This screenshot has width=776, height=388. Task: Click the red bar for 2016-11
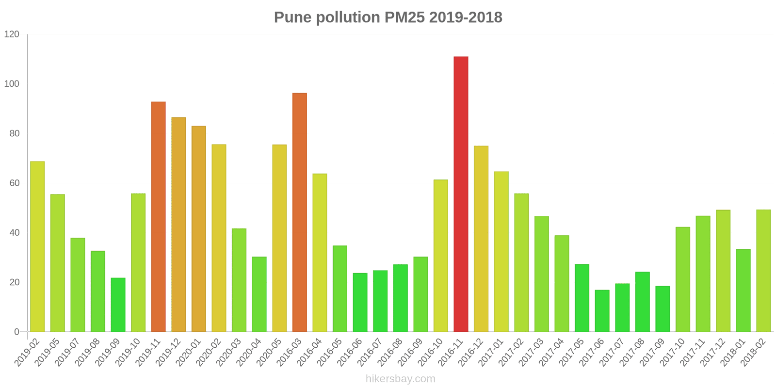pyautogui.click(x=461, y=194)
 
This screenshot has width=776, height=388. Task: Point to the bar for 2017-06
pyautogui.click(x=602, y=311)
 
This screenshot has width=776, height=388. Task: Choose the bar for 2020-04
pyautogui.click(x=259, y=294)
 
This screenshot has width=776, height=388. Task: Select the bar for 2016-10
pyautogui.click(x=440, y=256)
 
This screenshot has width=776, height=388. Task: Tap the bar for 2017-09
pyautogui.click(x=662, y=309)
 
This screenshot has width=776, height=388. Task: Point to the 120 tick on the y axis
pyautogui.click(x=12, y=34)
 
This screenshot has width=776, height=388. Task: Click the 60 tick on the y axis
pyautogui.click(x=14, y=183)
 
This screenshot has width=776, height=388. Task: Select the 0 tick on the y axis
pyautogui.click(x=17, y=332)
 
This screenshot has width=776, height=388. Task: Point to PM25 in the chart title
pyautogui.click(x=404, y=17)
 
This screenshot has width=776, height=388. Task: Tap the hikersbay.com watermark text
pyautogui.click(x=400, y=379)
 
